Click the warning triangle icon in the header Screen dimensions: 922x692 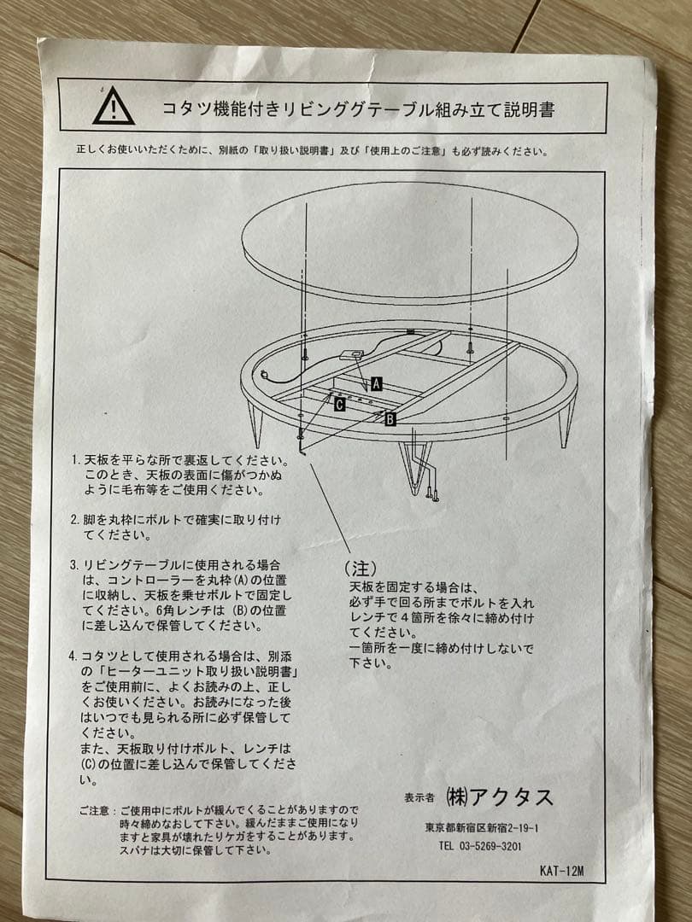point(114,107)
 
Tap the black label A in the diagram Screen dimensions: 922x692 point(376,384)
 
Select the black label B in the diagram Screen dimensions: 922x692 point(390,419)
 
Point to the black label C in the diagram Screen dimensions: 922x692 point(339,405)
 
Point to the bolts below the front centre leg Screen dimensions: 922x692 point(434,493)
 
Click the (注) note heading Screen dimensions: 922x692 point(360,568)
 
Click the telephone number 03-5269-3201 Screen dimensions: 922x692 point(481,847)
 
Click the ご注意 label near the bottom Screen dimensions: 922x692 point(94,809)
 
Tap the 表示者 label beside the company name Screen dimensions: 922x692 point(419,797)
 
